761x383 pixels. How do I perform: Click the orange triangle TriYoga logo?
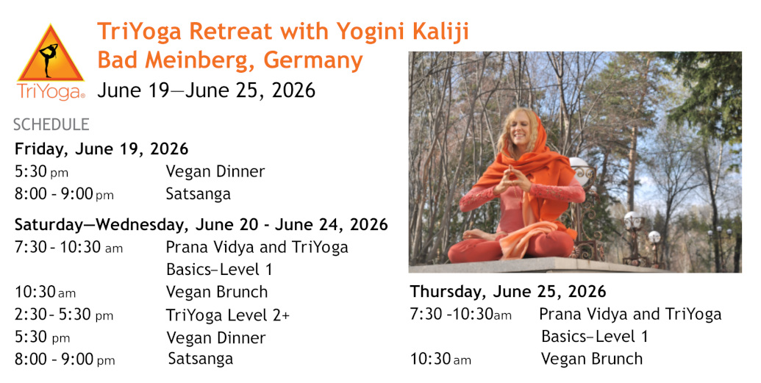[x=51, y=54]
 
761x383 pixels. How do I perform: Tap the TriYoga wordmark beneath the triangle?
[x=51, y=91]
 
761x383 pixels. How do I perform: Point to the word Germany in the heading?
[x=313, y=61]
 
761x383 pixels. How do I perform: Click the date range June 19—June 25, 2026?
[x=207, y=90]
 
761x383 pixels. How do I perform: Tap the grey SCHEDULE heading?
[x=51, y=125]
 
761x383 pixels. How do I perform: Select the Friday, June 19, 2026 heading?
[x=101, y=148]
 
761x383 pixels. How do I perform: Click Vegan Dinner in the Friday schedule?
[x=215, y=171]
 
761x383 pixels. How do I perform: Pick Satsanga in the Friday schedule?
[x=198, y=193]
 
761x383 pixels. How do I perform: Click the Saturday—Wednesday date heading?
[x=201, y=225]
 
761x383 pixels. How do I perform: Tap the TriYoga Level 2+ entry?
[x=228, y=315]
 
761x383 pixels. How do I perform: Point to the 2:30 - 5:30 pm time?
[x=64, y=315]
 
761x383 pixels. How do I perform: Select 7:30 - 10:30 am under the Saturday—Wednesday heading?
[x=68, y=247]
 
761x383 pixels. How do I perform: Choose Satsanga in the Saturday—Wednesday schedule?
[x=201, y=359]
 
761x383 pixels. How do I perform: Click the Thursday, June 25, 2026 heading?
[x=507, y=291]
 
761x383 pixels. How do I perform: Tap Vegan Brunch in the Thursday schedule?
[x=592, y=359]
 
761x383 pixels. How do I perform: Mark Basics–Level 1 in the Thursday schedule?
[x=595, y=337]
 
